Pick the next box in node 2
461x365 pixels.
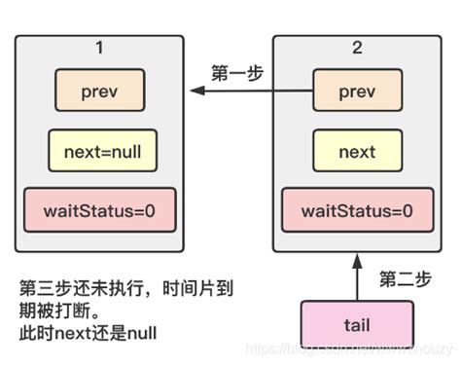[356, 152]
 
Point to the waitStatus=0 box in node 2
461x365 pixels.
[356, 210]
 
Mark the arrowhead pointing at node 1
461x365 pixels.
[195, 91]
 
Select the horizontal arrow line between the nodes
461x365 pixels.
[253, 91]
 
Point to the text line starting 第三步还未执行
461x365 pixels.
[126, 289]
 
